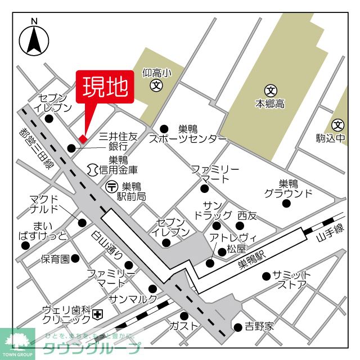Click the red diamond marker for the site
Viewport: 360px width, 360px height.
click(83, 139)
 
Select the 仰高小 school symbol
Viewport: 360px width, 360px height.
click(156, 85)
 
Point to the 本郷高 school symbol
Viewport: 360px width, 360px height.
click(271, 90)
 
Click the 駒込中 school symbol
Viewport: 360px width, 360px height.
click(338, 125)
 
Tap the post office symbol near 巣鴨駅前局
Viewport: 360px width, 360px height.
click(112, 186)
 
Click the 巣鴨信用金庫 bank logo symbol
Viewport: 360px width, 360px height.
click(93, 168)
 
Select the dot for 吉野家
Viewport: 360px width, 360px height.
click(237, 326)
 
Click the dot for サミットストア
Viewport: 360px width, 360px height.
click(266, 276)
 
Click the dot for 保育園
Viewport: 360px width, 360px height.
click(75, 259)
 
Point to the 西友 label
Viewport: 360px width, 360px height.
click(246, 215)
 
